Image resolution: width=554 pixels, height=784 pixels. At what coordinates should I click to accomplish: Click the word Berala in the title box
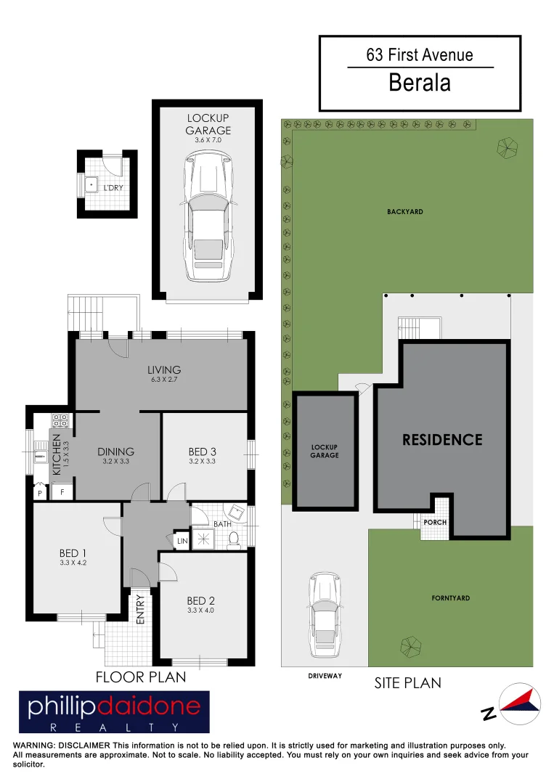pyautogui.click(x=420, y=83)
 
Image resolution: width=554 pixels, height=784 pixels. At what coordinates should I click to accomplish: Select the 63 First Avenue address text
pyautogui.click(x=420, y=55)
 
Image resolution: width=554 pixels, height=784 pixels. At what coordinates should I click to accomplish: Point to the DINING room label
pyautogui.click(x=116, y=452)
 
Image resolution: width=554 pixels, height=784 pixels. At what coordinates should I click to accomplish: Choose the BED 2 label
pyautogui.click(x=200, y=600)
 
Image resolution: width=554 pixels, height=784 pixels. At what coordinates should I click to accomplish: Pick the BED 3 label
pyautogui.click(x=203, y=452)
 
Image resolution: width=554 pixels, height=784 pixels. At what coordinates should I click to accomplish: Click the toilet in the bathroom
pyautogui.click(x=233, y=539)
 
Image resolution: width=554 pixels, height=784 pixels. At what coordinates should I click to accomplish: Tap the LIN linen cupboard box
pyautogui.click(x=182, y=541)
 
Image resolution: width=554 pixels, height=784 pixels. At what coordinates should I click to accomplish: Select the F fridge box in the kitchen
pyautogui.click(x=62, y=492)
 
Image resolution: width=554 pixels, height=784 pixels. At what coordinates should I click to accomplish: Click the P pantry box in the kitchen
pyautogui.click(x=39, y=492)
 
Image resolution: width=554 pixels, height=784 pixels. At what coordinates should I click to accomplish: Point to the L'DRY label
pyautogui.click(x=113, y=188)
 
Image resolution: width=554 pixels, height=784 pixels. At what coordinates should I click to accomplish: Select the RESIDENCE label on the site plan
pyautogui.click(x=442, y=439)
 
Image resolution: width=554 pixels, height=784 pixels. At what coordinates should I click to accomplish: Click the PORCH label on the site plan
pyautogui.click(x=435, y=522)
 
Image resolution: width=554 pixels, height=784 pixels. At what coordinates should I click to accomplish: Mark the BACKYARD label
pyautogui.click(x=405, y=212)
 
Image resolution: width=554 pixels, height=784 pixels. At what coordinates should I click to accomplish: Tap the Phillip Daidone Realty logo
pyautogui.click(x=114, y=711)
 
